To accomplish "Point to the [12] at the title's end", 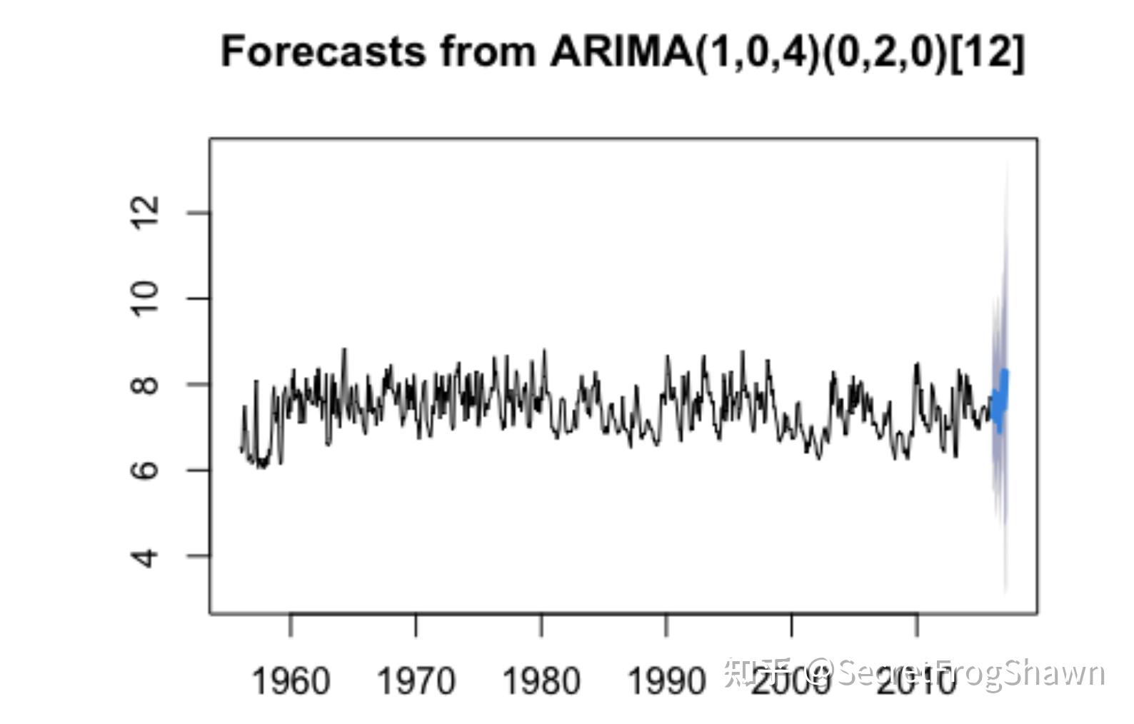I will [988, 51].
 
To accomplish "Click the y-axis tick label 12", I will [145, 213].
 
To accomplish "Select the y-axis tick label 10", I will [145, 298].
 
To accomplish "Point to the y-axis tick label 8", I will [145, 384].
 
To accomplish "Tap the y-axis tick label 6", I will [145, 470].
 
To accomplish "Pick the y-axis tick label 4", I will [145, 555].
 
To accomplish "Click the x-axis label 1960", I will [291, 680].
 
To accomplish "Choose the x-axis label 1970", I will [416, 680].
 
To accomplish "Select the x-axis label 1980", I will [541, 680].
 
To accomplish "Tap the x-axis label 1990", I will [666, 680].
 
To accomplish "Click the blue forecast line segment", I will [1000, 400].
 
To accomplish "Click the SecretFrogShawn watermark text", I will [971, 673].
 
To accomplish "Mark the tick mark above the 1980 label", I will [542, 625].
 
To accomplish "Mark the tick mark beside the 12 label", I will [199, 213].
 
